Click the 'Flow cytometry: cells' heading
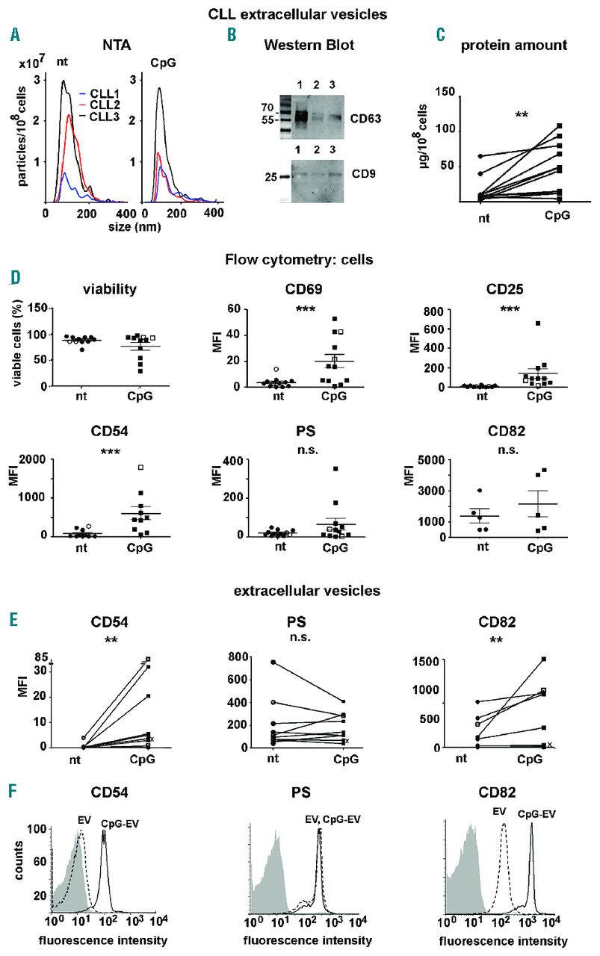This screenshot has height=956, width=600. pyautogui.click(x=299, y=260)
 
